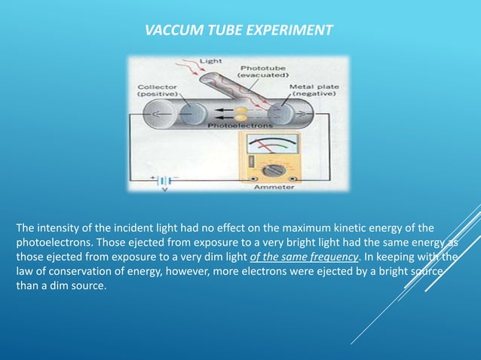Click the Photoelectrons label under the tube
(234, 127)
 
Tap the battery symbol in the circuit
(164, 181)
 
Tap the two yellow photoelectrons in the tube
(240, 113)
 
